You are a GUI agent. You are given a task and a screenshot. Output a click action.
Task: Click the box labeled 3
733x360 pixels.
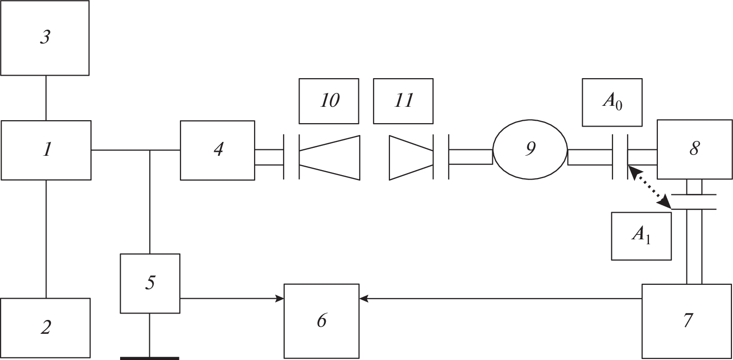[x=44, y=38]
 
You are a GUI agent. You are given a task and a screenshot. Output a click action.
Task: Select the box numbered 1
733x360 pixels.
[x=46, y=150]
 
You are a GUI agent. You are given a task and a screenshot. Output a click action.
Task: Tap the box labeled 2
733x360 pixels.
[x=45, y=327]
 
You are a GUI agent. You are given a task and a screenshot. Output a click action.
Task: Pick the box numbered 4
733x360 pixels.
[x=217, y=150]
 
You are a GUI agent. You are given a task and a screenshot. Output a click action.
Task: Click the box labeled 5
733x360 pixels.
[x=150, y=283]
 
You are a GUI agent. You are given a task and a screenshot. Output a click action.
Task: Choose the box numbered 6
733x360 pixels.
[x=321, y=321]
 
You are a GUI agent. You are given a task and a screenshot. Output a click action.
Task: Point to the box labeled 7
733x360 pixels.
[x=687, y=321]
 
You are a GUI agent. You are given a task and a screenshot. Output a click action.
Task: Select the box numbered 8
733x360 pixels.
[x=694, y=149]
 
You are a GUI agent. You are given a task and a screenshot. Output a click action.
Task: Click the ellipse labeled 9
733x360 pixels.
[x=530, y=149]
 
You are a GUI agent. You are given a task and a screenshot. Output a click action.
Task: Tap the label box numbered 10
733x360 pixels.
[x=329, y=101]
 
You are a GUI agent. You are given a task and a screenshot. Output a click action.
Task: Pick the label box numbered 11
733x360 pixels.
[x=403, y=101]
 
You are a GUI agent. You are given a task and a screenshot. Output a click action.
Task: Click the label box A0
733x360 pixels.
[x=612, y=102]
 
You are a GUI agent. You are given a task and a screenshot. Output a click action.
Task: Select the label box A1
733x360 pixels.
[x=641, y=236]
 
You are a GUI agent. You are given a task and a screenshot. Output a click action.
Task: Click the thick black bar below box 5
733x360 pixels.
[x=150, y=358]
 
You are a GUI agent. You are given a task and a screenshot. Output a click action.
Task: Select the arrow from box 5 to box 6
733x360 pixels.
[x=232, y=298]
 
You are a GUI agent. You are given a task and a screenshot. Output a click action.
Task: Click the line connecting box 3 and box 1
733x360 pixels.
[x=46, y=98]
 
